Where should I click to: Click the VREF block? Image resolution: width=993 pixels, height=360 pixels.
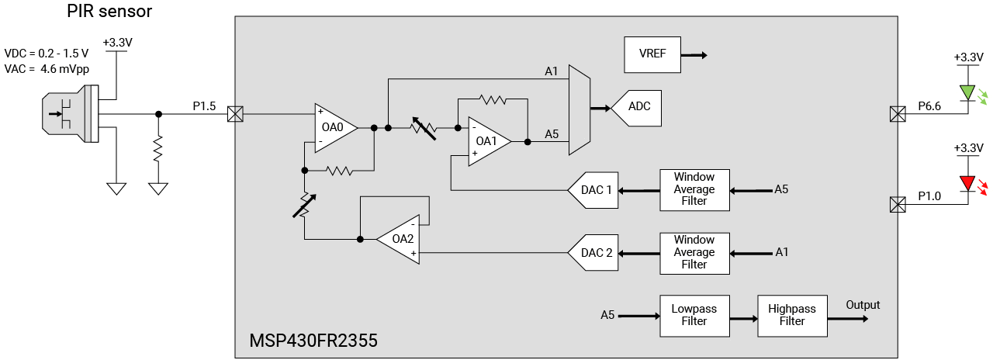(x=652, y=55)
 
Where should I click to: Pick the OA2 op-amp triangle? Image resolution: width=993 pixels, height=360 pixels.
(x=400, y=239)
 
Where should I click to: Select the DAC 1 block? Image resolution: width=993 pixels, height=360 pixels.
(x=595, y=190)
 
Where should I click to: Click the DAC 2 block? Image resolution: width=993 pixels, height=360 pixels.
(x=595, y=252)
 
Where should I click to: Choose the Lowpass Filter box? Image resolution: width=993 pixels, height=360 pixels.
(x=694, y=315)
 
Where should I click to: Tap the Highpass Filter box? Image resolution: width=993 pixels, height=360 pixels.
(x=792, y=315)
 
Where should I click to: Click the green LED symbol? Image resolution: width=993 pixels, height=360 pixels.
(x=967, y=93)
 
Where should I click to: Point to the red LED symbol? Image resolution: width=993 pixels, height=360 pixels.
(x=967, y=183)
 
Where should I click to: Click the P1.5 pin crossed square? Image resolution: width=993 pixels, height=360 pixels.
(x=234, y=114)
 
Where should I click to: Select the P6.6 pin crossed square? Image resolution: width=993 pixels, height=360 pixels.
(x=896, y=114)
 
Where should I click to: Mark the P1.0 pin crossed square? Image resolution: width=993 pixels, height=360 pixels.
(x=896, y=205)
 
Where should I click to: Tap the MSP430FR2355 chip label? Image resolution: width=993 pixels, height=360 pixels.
(x=313, y=341)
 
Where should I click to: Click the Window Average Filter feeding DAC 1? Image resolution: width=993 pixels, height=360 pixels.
(x=694, y=189)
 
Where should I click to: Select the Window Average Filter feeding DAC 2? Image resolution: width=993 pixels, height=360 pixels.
(x=694, y=252)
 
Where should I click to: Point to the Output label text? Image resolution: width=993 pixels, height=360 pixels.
(x=863, y=305)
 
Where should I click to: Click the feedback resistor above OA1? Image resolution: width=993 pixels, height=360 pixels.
(x=493, y=99)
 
